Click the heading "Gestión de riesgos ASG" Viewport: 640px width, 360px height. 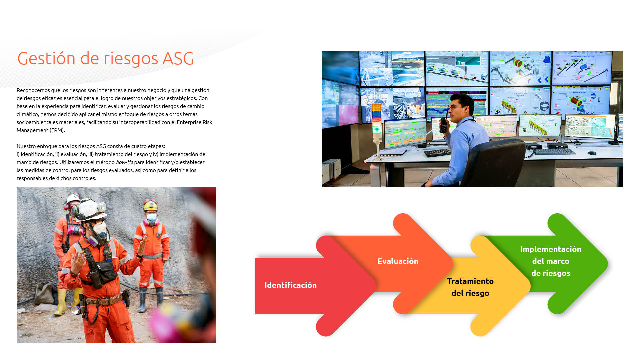105,59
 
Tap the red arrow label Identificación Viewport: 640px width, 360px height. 290,285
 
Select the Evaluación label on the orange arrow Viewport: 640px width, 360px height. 398,261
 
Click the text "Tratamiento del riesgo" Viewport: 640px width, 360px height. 470,287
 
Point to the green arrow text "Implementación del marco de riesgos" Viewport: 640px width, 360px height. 551,261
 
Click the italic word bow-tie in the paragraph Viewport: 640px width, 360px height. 124,162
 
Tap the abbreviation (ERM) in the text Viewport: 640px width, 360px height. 57,130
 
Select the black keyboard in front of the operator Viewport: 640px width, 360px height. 437,153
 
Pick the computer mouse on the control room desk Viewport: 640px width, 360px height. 592,153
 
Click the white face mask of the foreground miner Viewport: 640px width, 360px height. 100,229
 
